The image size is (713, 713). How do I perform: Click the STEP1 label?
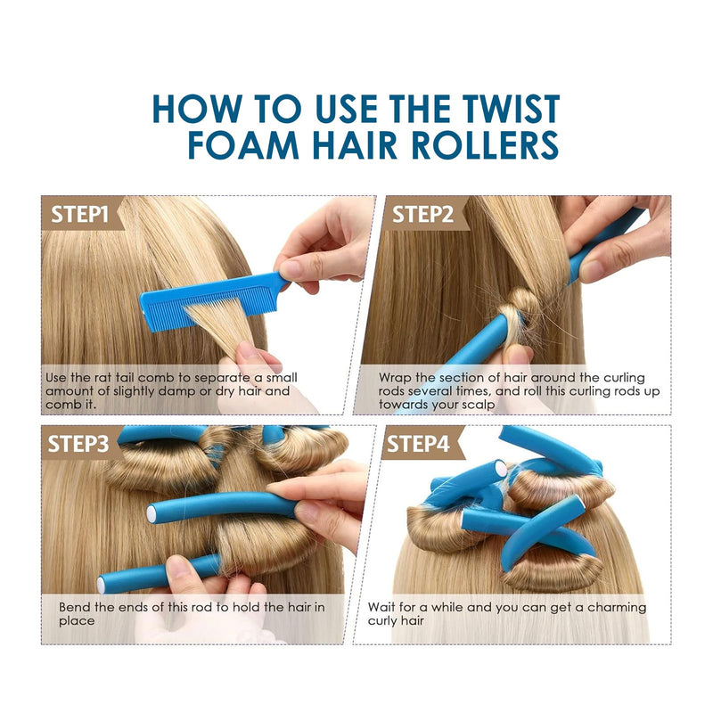[x=79, y=214]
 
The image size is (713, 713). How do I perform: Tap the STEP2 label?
[x=422, y=214]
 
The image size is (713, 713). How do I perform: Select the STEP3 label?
[x=78, y=444]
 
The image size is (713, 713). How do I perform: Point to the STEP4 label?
[x=418, y=444]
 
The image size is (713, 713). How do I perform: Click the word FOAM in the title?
[x=243, y=145]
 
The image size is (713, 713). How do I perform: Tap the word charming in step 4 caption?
[x=617, y=608]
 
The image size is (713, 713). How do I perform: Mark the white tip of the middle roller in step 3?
[x=152, y=514]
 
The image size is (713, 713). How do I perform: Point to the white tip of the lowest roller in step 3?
[x=101, y=585]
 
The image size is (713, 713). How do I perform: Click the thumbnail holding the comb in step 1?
[x=289, y=269]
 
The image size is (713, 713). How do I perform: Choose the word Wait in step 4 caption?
[x=382, y=608]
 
